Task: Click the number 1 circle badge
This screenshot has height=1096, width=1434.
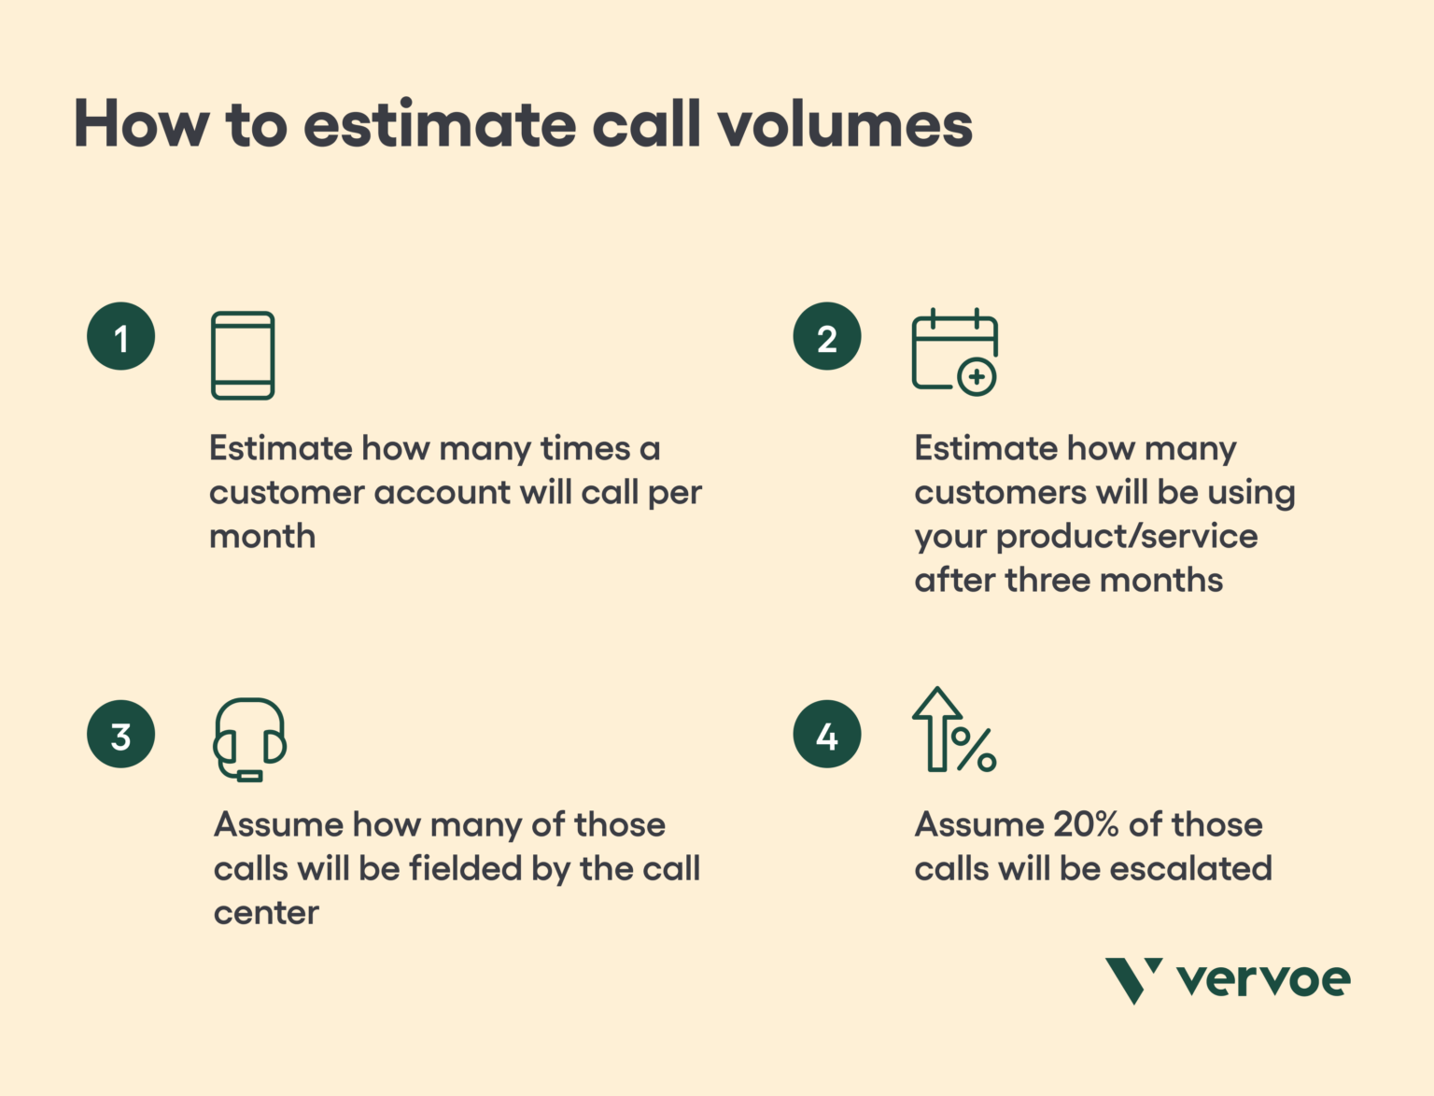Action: (x=120, y=337)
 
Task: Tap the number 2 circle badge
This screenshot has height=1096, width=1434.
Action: (x=826, y=337)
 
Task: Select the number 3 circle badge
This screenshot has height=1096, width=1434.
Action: (x=120, y=735)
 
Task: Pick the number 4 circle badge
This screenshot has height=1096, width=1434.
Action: (x=826, y=735)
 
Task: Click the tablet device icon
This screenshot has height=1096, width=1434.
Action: (x=243, y=356)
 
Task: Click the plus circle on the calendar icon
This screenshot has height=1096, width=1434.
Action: (x=977, y=377)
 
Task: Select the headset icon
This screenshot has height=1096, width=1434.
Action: (x=249, y=738)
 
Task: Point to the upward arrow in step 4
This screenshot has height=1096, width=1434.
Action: (x=936, y=729)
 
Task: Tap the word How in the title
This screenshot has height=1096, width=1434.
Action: (x=141, y=124)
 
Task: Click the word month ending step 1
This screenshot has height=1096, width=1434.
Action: (x=262, y=537)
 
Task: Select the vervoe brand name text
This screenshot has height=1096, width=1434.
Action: (x=1263, y=979)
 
